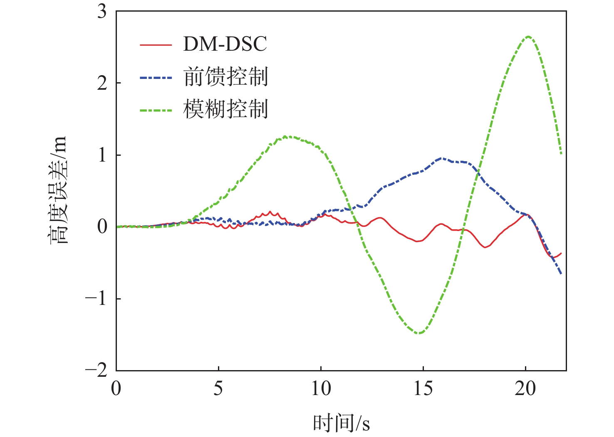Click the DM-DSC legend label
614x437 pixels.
[x=225, y=44]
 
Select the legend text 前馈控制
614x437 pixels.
[x=225, y=77]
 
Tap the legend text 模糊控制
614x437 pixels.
[x=225, y=109]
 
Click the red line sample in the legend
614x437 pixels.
[x=156, y=44]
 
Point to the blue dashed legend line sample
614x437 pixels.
[x=156, y=77]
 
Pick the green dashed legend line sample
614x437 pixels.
[x=156, y=110]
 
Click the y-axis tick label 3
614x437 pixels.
[x=102, y=12]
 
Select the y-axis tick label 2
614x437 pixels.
[x=102, y=83]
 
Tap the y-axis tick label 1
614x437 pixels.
[x=102, y=155]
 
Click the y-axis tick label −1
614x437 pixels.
[x=97, y=299]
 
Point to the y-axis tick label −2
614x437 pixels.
[x=97, y=370]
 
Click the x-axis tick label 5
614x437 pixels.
[x=218, y=389]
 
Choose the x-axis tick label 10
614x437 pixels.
[x=321, y=389]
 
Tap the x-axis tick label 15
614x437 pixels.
[x=423, y=389]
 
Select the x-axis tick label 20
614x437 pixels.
[x=525, y=389]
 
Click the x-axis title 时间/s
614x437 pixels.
[x=341, y=423]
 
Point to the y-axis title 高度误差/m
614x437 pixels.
[x=57, y=190]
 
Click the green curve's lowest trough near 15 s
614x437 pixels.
[x=419, y=333]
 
